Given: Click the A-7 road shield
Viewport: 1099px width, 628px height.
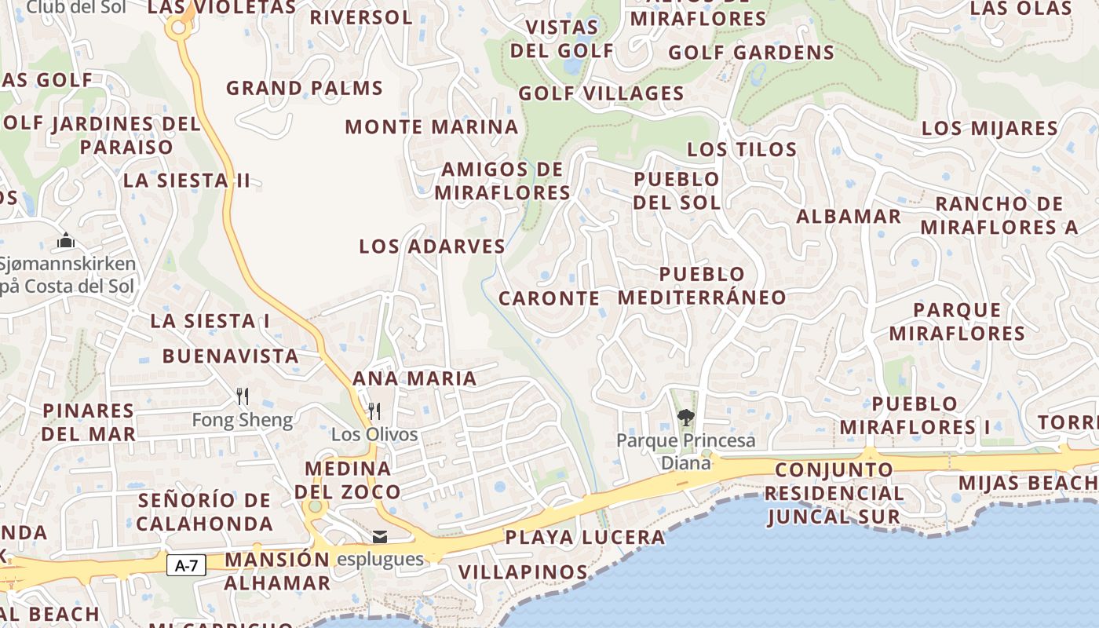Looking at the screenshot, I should (x=186, y=565).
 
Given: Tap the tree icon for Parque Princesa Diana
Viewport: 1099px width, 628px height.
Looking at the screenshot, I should (x=685, y=417).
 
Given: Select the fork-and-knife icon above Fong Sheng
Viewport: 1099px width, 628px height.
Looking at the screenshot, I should (x=243, y=396).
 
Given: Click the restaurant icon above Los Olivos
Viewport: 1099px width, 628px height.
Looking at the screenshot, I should (x=374, y=411).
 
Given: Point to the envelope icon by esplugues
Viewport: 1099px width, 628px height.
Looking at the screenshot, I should (x=380, y=537).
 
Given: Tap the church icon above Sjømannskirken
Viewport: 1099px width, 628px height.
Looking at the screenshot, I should (x=66, y=240).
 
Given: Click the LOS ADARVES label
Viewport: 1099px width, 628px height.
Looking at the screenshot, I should (x=432, y=246).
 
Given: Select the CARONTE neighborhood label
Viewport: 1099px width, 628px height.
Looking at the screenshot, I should (x=549, y=299).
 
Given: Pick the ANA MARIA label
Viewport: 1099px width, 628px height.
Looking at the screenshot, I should (x=414, y=378).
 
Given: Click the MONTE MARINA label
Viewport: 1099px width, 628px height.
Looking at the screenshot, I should (x=432, y=127).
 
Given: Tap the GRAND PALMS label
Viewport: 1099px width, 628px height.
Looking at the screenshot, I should (x=305, y=88).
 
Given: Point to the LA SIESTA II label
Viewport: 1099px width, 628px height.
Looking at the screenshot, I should (x=187, y=181).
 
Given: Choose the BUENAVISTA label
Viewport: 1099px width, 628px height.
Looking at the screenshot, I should (x=231, y=356).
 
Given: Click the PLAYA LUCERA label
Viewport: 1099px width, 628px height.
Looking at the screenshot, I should (x=585, y=538).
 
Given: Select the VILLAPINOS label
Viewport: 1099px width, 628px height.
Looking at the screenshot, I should (x=523, y=572).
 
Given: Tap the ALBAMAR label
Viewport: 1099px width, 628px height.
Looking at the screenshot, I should (x=849, y=217).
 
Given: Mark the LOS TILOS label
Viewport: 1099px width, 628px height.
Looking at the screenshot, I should (x=742, y=149).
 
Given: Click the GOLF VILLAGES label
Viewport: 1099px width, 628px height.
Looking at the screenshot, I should (x=601, y=94).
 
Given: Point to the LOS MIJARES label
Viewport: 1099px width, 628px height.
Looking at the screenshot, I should (x=990, y=129).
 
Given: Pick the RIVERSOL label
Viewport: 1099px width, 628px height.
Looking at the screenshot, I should (x=361, y=17).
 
